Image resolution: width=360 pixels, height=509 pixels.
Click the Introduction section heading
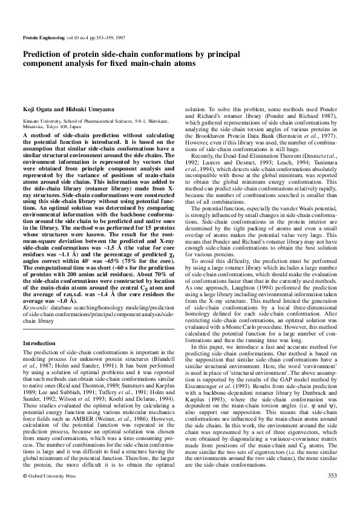pos(39,343)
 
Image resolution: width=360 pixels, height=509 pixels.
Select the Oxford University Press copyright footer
pos(51,476)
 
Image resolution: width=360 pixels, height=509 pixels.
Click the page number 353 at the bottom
pos(331,476)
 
